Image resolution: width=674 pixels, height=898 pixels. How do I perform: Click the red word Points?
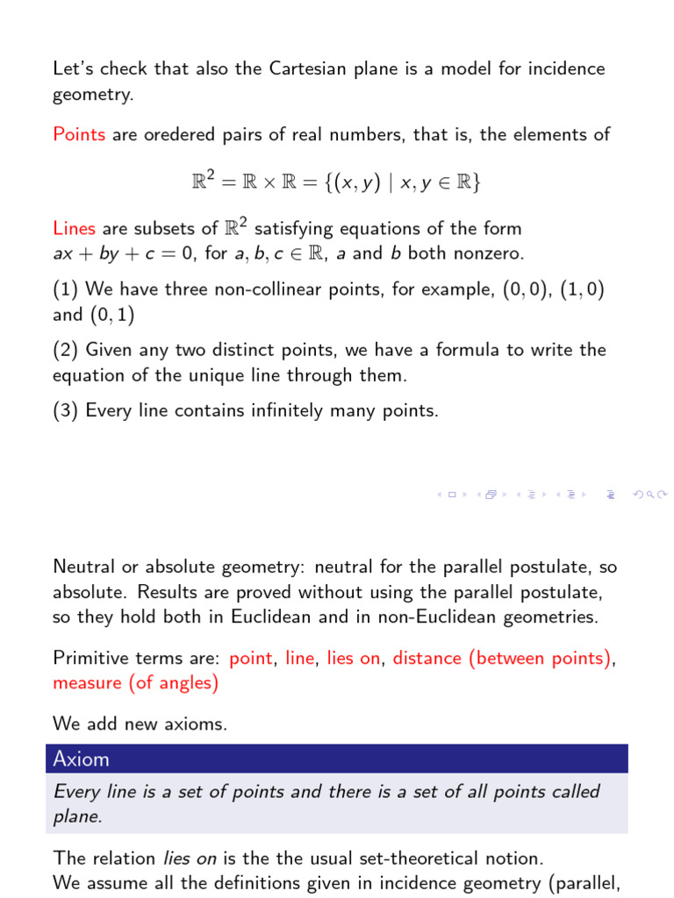[x=79, y=134]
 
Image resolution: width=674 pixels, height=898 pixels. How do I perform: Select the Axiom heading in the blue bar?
[x=81, y=759]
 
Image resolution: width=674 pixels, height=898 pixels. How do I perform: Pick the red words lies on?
[x=354, y=658]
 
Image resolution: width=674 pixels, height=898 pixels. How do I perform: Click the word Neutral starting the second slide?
[x=83, y=567]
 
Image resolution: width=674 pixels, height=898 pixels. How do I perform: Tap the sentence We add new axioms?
[x=140, y=723]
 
